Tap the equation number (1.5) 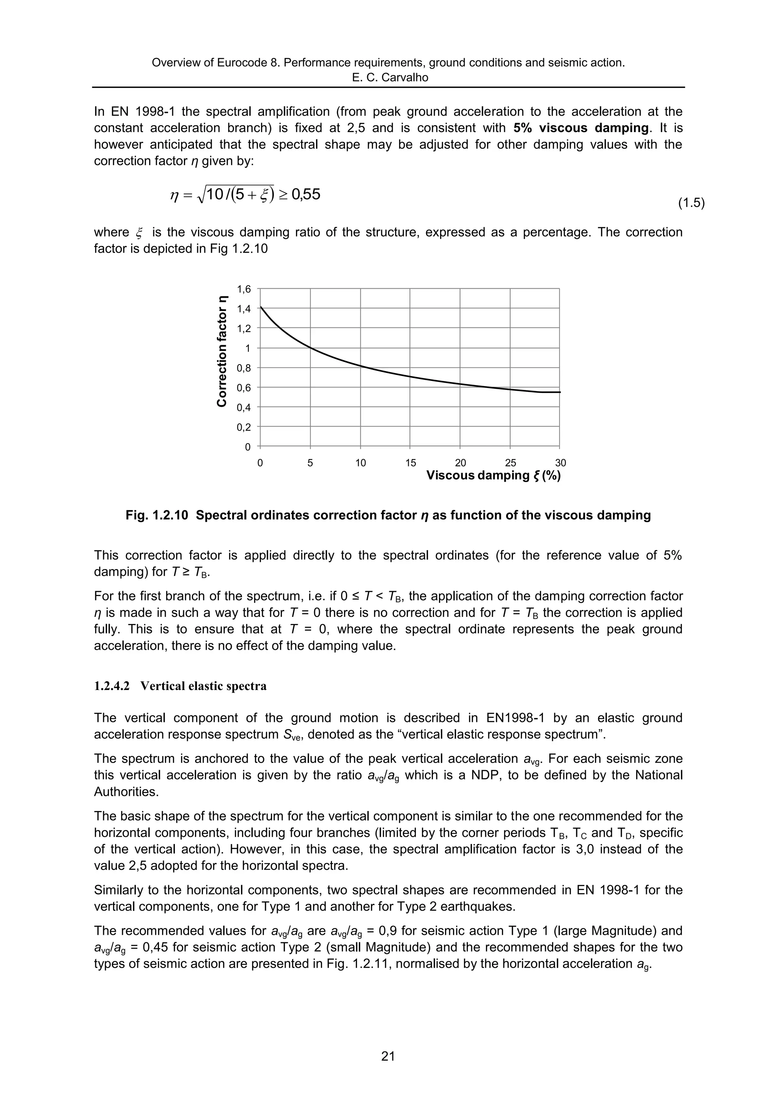[x=691, y=203]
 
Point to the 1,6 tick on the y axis [x=244, y=289]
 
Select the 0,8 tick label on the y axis [x=244, y=368]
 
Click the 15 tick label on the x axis [x=410, y=463]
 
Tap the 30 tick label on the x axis [x=560, y=463]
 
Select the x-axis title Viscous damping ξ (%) [x=493, y=476]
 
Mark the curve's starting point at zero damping [x=260, y=307]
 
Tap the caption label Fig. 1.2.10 [x=157, y=516]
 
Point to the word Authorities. [x=126, y=792]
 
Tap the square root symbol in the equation [x=200, y=195]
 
